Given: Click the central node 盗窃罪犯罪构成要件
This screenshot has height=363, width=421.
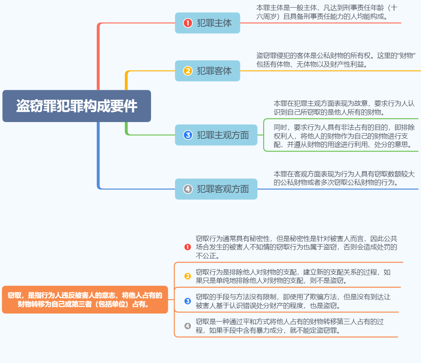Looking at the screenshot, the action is pyautogui.click(x=77, y=106).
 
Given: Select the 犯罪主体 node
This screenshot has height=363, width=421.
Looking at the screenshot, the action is pyautogui.click(x=208, y=23).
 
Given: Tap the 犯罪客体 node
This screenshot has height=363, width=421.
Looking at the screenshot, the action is pyautogui.click(x=208, y=71).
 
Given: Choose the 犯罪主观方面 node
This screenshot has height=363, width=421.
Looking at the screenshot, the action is pyautogui.click(x=216, y=135).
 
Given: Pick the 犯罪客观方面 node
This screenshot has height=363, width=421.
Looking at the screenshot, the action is pyautogui.click(x=216, y=189).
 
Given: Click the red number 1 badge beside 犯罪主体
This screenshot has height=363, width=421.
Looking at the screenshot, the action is pyautogui.click(x=188, y=23).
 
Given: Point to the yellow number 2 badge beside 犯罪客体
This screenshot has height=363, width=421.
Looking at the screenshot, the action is pyautogui.click(x=188, y=71).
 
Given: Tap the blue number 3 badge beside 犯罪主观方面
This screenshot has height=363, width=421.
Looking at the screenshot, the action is pyautogui.click(x=188, y=135).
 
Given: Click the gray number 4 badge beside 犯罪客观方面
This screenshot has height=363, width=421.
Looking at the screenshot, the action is pyautogui.click(x=188, y=189).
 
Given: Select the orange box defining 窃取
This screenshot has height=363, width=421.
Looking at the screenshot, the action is pyautogui.click(x=85, y=300).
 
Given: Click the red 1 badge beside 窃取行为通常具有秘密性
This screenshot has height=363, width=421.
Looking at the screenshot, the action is pyautogui.click(x=188, y=247).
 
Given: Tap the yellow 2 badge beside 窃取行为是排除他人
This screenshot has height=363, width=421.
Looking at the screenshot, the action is pyautogui.click(x=188, y=276).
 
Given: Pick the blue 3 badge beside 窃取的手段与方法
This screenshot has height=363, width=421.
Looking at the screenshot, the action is pyautogui.click(x=188, y=301).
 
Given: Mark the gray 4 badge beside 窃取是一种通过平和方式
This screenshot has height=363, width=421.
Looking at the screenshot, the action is pyautogui.click(x=188, y=326).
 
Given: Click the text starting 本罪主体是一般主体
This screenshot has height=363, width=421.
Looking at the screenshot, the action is pyautogui.click(x=327, y=12).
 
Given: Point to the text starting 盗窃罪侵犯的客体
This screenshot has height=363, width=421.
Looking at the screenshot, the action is pyautogui.click(x=336, y=60).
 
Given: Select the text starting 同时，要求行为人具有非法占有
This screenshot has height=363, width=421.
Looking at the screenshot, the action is pyautogui.click(x=344, y=136).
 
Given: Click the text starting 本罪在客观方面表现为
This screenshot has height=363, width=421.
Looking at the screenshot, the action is pyautogui.click(x=344, y=178).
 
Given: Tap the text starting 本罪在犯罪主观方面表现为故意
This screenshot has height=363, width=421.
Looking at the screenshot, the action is pyautogui.click(x=344, y=108).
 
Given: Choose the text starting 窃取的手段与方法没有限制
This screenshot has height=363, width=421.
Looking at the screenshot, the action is pyautogui.click(x=293, y=301).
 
